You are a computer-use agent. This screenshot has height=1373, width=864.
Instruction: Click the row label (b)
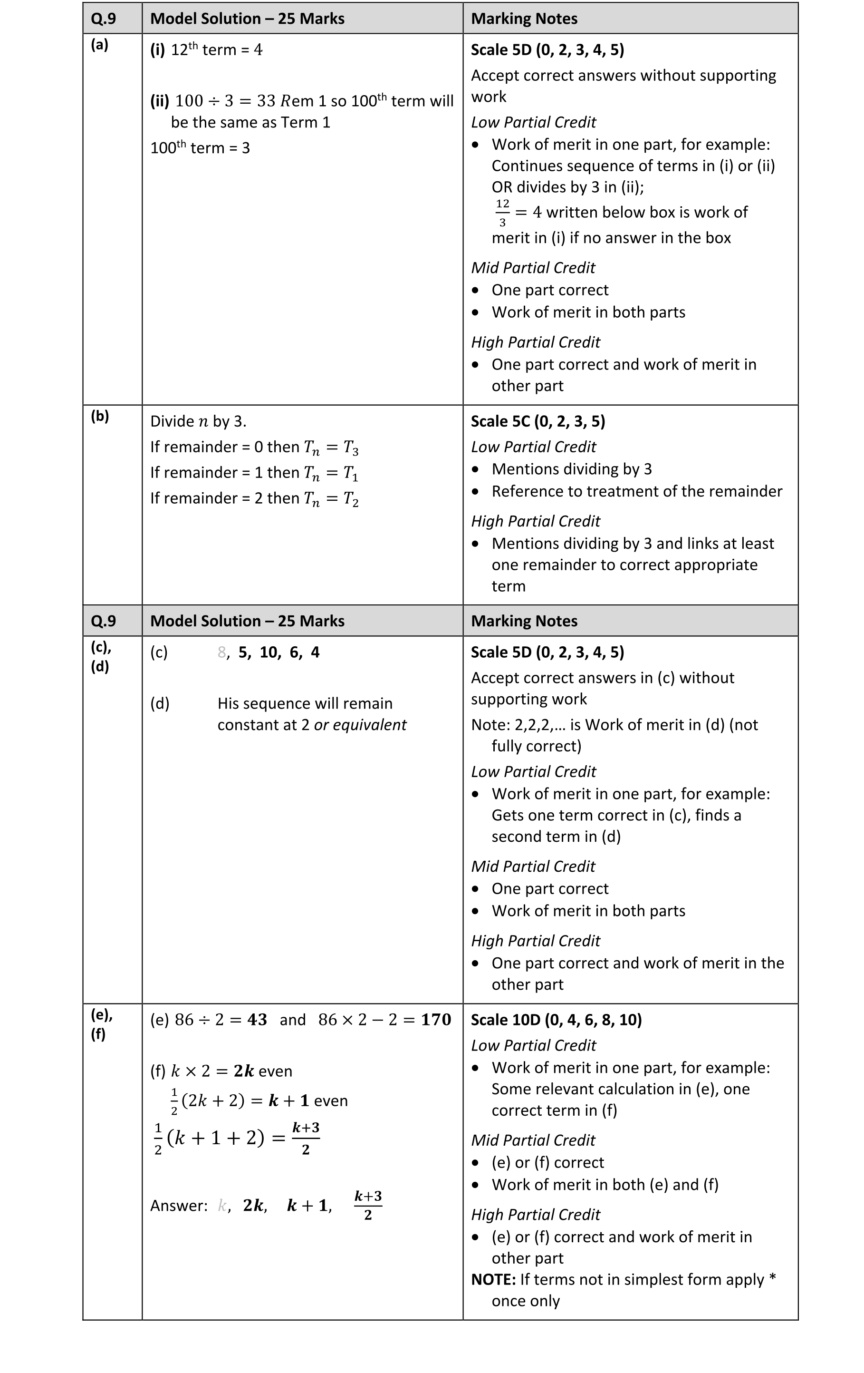click(100, 416)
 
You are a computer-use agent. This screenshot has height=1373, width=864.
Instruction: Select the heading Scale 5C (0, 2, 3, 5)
click(538, 421)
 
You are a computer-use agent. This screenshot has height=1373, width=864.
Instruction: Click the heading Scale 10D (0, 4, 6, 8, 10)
click(556, 1020)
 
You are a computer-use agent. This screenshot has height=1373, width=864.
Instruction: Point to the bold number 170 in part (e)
click(435, 1020)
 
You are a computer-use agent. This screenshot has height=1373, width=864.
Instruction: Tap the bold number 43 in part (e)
click(257, 1020)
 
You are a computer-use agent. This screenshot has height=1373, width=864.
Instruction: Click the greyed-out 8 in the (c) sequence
click(221, 652)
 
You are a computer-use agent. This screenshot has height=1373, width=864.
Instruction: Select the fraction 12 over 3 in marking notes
click(502, 213)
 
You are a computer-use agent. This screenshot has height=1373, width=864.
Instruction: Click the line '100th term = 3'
click(200, 148)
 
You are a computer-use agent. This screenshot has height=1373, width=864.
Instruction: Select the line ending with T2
click(254, 498)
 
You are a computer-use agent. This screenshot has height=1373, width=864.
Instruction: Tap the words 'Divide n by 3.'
click(198, 421)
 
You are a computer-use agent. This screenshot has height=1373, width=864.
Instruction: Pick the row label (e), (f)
click(101, 1024)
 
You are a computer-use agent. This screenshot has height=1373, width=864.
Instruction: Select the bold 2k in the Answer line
click(253, 1206)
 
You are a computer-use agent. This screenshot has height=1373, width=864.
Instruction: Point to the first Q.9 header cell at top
click(103, 19)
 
